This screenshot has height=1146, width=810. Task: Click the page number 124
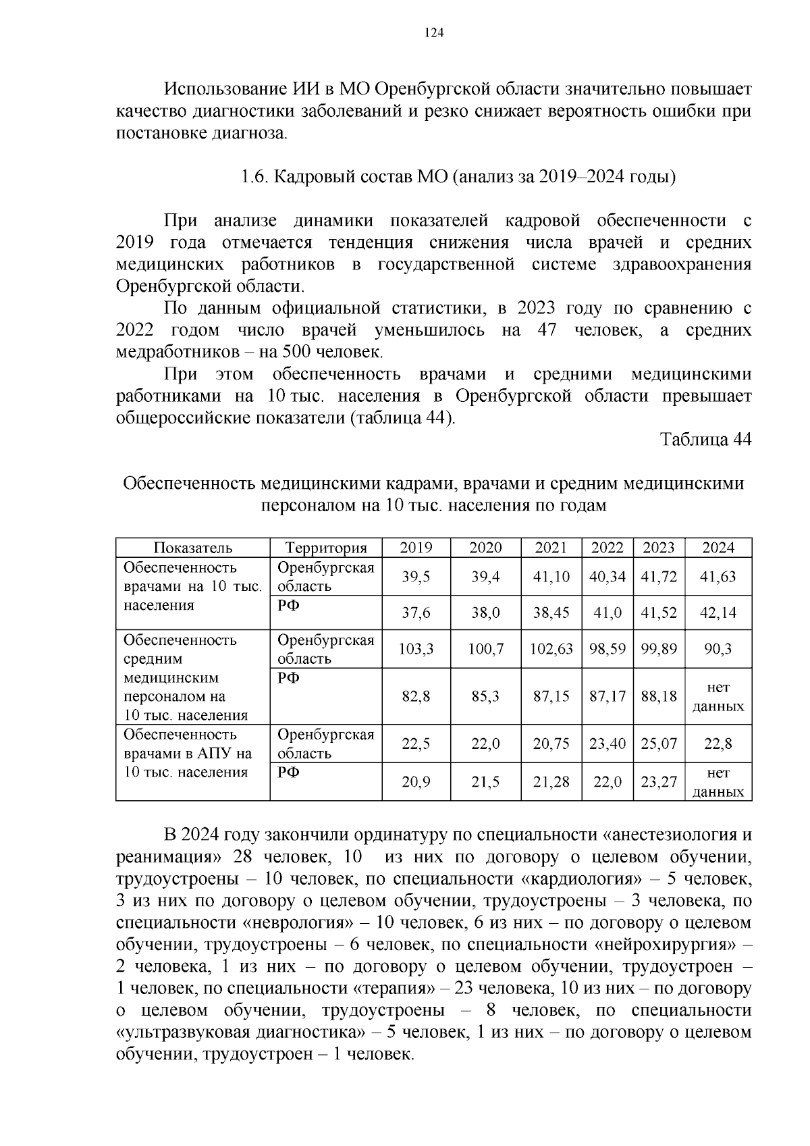pyautogui.click(x=434, y=33)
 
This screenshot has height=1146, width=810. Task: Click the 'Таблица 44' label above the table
pyautogui.click(x=705, y=440)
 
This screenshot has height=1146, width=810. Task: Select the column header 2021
pyautogui.click(x=551, y=548)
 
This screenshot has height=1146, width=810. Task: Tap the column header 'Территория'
pyautogui.click(x=326, y=548)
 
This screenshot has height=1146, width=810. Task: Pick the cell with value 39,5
pyautogui.click(x=416, y=577)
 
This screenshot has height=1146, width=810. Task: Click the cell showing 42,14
pyautogui.click(x=718, y=613)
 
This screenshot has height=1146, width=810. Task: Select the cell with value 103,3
pyautogui.click(x=416, y=649)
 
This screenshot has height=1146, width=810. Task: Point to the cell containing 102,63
pyautogui.click(x=551, y=649)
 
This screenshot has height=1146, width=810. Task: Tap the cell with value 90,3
pyautogui.click(x=718, y=649)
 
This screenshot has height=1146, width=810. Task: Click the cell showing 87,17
pyautogui.click(x=607, y=696)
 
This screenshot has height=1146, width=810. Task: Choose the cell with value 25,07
pyautogui.click(x=659, y=744)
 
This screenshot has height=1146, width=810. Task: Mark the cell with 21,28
pyautogui.click(x=551, y=782)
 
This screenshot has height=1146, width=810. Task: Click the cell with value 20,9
pyautogui.click(x=416, y=782)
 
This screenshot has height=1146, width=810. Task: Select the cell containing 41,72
pyautogui.click(x=659, y=577)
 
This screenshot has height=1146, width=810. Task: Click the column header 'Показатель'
pyautogui.click(x=192, y=548)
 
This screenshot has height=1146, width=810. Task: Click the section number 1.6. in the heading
pyautogui.click(x=255, y=178)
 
